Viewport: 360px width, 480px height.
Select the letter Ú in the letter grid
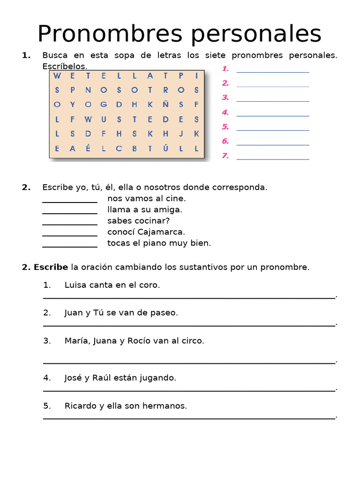[165, 149]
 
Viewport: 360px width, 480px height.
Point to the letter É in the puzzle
[88, 149]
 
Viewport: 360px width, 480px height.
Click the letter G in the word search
[103, 104]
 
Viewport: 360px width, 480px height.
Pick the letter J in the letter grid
[181, 134]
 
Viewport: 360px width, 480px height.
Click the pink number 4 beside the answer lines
[225, 112]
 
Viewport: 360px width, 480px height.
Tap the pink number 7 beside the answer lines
[225, 156]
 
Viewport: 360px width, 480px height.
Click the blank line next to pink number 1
[273, 72]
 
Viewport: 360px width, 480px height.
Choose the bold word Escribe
[51, 268]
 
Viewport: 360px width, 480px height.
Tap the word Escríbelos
[65, 67]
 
